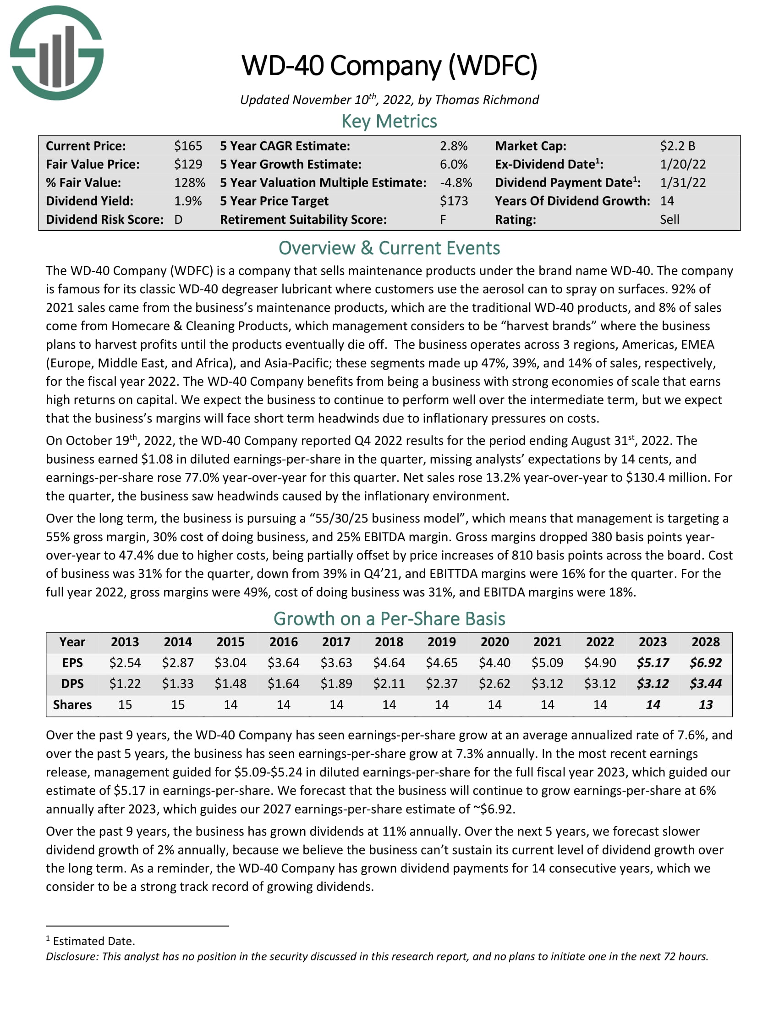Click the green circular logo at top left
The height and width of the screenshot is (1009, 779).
(x=57, y=53)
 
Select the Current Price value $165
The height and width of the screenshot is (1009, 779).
(x=188, y=146)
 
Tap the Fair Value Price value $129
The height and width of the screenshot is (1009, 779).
(x=188, y=165)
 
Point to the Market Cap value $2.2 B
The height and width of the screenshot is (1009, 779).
(x=677, y=146)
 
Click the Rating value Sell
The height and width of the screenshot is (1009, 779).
(x=669, y=219)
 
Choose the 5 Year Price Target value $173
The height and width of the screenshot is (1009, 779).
(x=453, y=201)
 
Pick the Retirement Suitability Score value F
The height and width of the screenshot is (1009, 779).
(x=443, y=219)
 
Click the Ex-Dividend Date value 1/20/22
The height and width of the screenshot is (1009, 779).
(x=683, y=165)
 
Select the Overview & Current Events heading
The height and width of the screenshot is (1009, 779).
(x=389, y=248)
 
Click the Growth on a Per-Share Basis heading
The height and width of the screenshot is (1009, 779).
(x=389, y=619)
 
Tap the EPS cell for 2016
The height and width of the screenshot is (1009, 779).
(x=283, y=663)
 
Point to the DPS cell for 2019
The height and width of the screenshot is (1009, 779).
(x=442, y=683)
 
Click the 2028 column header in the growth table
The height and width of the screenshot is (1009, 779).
(x=705, y=642)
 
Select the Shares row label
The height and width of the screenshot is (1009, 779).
(x=72, y=704)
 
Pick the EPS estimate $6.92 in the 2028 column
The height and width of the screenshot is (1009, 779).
(x=705, y=663)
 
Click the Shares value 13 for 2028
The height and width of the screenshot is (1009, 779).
(x=705, y=704)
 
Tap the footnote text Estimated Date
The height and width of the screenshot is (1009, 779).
(x=93, y=941)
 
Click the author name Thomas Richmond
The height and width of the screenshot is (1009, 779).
(x=486, y=100)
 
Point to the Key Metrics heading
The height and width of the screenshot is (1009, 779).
(x=389, y=121)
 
